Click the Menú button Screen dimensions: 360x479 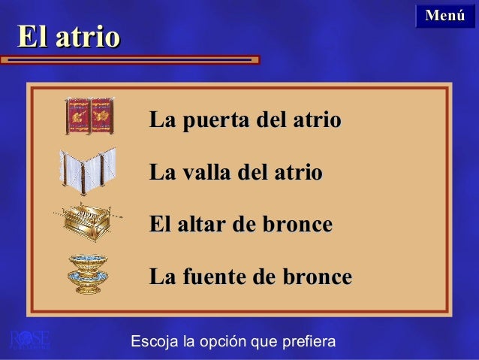pyautogui.click(x=445, y=15)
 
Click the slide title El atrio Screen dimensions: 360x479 pyautogui.click(x=68, y=37)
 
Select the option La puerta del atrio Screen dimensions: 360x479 pyautogui.click(x=246, y=120)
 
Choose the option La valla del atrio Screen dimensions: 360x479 pyautogui.click(x=236, y=173)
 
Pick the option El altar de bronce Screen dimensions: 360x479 pyautogui.click(x=241, y=225)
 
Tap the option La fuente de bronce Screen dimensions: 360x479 pyautogui.click(x=251, y=277)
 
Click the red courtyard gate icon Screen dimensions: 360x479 pyautogui.click(x=89, y=116)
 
